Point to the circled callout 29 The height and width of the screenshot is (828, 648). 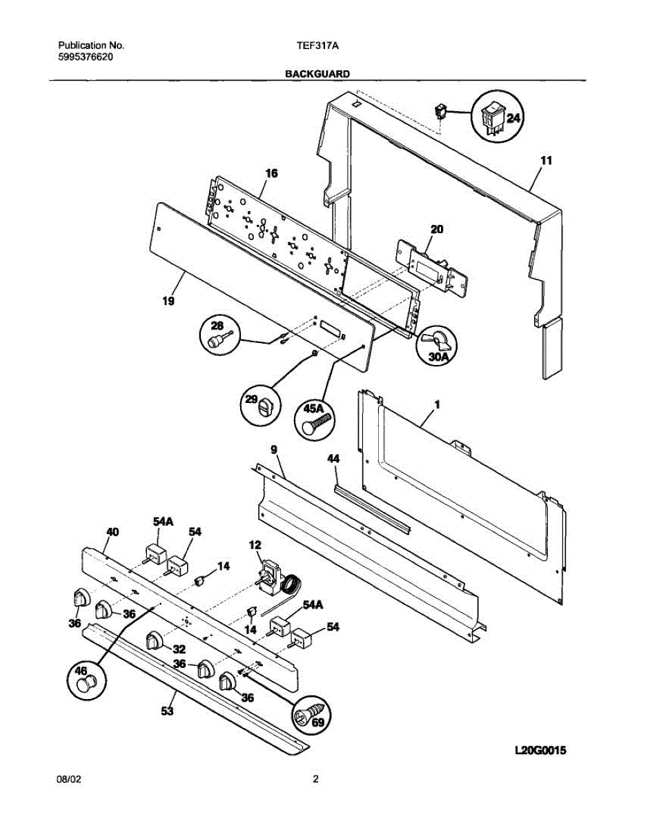[x=260, y=404]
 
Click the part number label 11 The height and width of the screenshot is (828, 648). [x=546, y=161]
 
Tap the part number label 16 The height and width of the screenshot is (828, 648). [x=271, y=174]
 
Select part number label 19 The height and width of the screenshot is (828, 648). [x=168, y=301]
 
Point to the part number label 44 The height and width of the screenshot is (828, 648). [x=333, y=458]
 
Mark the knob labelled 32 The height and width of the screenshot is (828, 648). [x=155, y=641]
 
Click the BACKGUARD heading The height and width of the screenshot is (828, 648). [x=317, y=72]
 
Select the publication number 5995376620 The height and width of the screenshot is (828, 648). [x=85, y=57]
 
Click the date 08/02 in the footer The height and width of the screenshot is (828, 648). [x=68, y=780]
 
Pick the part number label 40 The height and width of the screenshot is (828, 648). [x=111, y=531]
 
